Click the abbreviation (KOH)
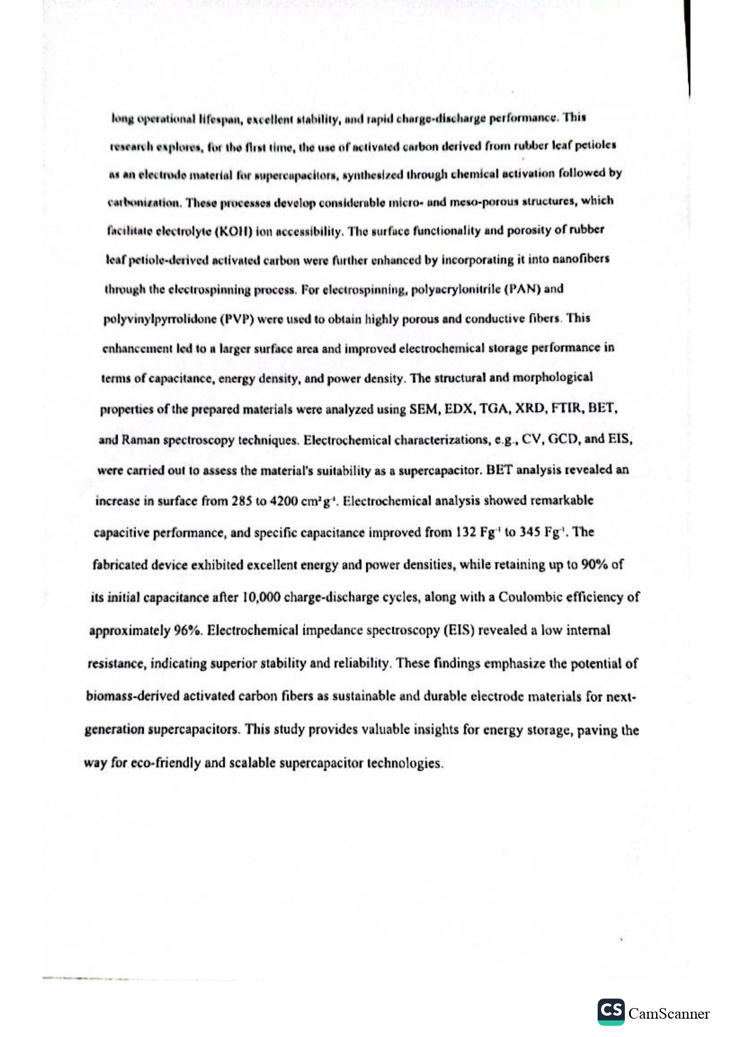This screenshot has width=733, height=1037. click(236, 232)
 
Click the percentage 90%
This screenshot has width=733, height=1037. click(595, 564)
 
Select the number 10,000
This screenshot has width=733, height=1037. click(261, 597)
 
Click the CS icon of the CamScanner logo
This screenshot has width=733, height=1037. click(611, 1012)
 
